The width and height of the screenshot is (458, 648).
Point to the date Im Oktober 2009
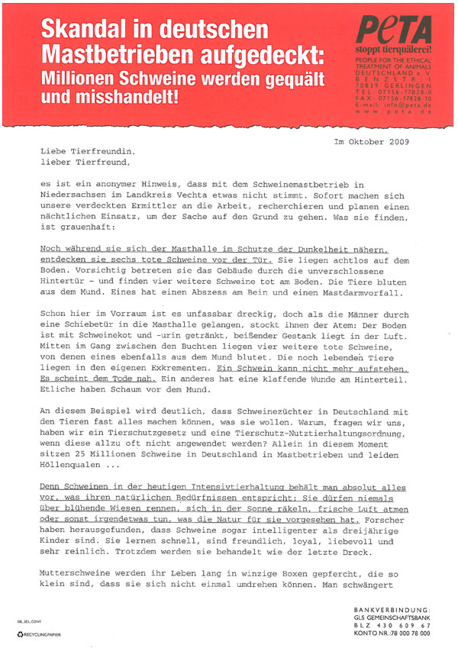pyautogui.click(x=372, y=142)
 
